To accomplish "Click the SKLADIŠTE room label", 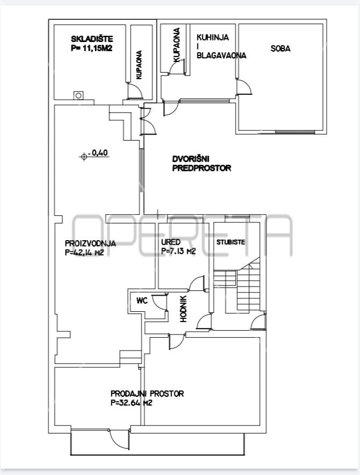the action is (x=92, y=39).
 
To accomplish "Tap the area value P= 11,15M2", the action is (x=91, y=48).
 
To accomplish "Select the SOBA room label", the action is (x=281, y=48).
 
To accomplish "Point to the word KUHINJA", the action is (x=213, y=37).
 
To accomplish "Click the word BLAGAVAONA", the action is (x=221, y=55).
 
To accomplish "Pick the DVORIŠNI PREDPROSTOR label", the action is (x=202, y=163).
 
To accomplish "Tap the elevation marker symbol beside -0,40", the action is (x=84, y=157).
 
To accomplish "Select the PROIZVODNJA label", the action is (x=90, y=243).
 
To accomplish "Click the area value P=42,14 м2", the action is (x=84, y=253).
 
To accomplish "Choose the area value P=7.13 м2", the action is (x=179, y=251).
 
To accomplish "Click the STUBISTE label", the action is (x=231, y=242).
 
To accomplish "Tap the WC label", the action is (x=142, y=301).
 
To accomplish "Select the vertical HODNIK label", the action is (x=183, y=309).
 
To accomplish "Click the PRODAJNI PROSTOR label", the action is (x=147, y=394).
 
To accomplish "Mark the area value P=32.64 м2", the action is (x=131, y=403).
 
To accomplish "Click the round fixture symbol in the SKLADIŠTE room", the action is (x=79, y=96).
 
